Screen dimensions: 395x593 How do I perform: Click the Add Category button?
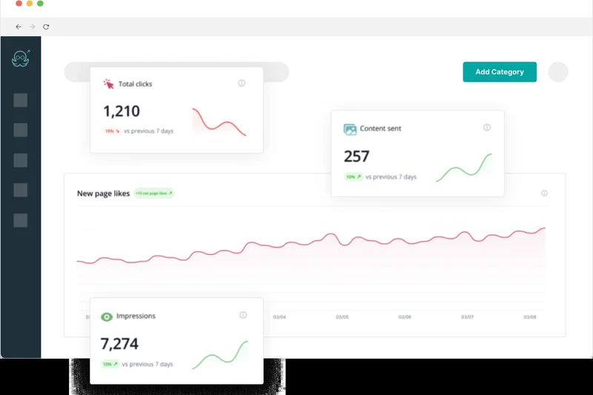click(500, 72)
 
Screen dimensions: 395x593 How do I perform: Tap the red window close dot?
click(19, 4)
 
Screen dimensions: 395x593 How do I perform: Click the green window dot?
click(40, 4)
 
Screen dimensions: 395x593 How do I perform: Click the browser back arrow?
click(19, 27)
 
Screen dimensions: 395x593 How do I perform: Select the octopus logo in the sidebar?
click(21, 59)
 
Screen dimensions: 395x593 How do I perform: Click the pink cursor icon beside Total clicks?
click(109, 84)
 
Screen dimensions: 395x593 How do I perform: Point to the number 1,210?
click(122, 111)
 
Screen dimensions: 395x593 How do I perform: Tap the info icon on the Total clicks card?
click(242, 84)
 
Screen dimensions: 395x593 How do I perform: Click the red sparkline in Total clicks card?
click(219, 122)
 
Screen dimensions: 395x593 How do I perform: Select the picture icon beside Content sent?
click(350, 129)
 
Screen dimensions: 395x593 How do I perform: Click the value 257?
click(357, 156)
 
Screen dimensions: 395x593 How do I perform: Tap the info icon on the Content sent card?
click(487, 127)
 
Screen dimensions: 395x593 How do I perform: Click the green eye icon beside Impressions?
click(107, 316)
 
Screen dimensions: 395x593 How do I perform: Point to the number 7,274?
click(119, 344)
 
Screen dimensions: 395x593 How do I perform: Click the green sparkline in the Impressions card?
click(219, 356)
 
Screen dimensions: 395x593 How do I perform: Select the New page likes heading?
click(103, 193)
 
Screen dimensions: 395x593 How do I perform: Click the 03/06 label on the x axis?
click(405, 317)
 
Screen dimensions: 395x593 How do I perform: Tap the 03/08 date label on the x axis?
click(529, 317)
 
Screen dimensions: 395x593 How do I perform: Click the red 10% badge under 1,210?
click(111, 131)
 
